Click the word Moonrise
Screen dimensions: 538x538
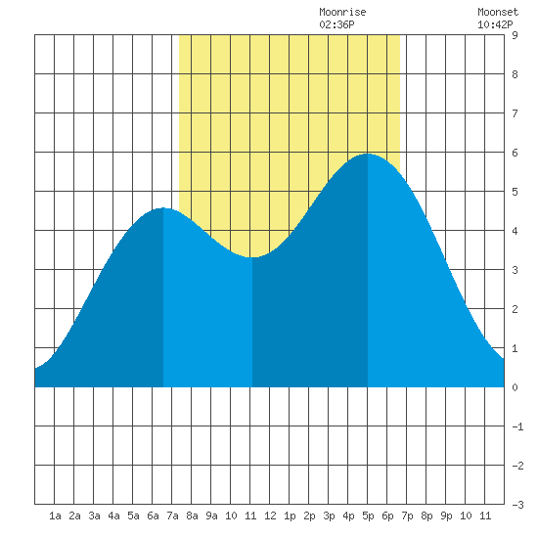(342, 12)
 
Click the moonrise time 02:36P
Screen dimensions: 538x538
(336, 24)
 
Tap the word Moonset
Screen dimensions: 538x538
(498, 12)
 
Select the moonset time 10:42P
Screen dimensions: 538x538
(495, 24)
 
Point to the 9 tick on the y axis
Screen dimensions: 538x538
(515, 35)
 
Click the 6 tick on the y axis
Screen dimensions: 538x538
(515, 153)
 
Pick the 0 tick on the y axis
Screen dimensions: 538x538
(515, 387)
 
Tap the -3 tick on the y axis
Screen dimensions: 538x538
(517, 505)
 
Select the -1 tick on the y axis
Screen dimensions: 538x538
(517, 426)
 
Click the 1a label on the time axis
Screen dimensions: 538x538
(55, 516)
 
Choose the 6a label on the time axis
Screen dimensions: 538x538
(153, 516)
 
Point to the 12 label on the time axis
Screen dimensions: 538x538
(270, 516)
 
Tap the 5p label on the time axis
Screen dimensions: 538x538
(368, 516)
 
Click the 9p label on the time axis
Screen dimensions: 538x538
(446, 516)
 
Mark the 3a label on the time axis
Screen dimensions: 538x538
(94, 516)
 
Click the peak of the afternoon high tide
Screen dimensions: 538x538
(368, 154)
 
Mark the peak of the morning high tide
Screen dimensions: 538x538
(163, 208)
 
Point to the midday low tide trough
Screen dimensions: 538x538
(252, 257)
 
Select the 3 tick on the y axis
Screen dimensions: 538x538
(515, 270)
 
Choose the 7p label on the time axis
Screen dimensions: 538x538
(407, 516)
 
